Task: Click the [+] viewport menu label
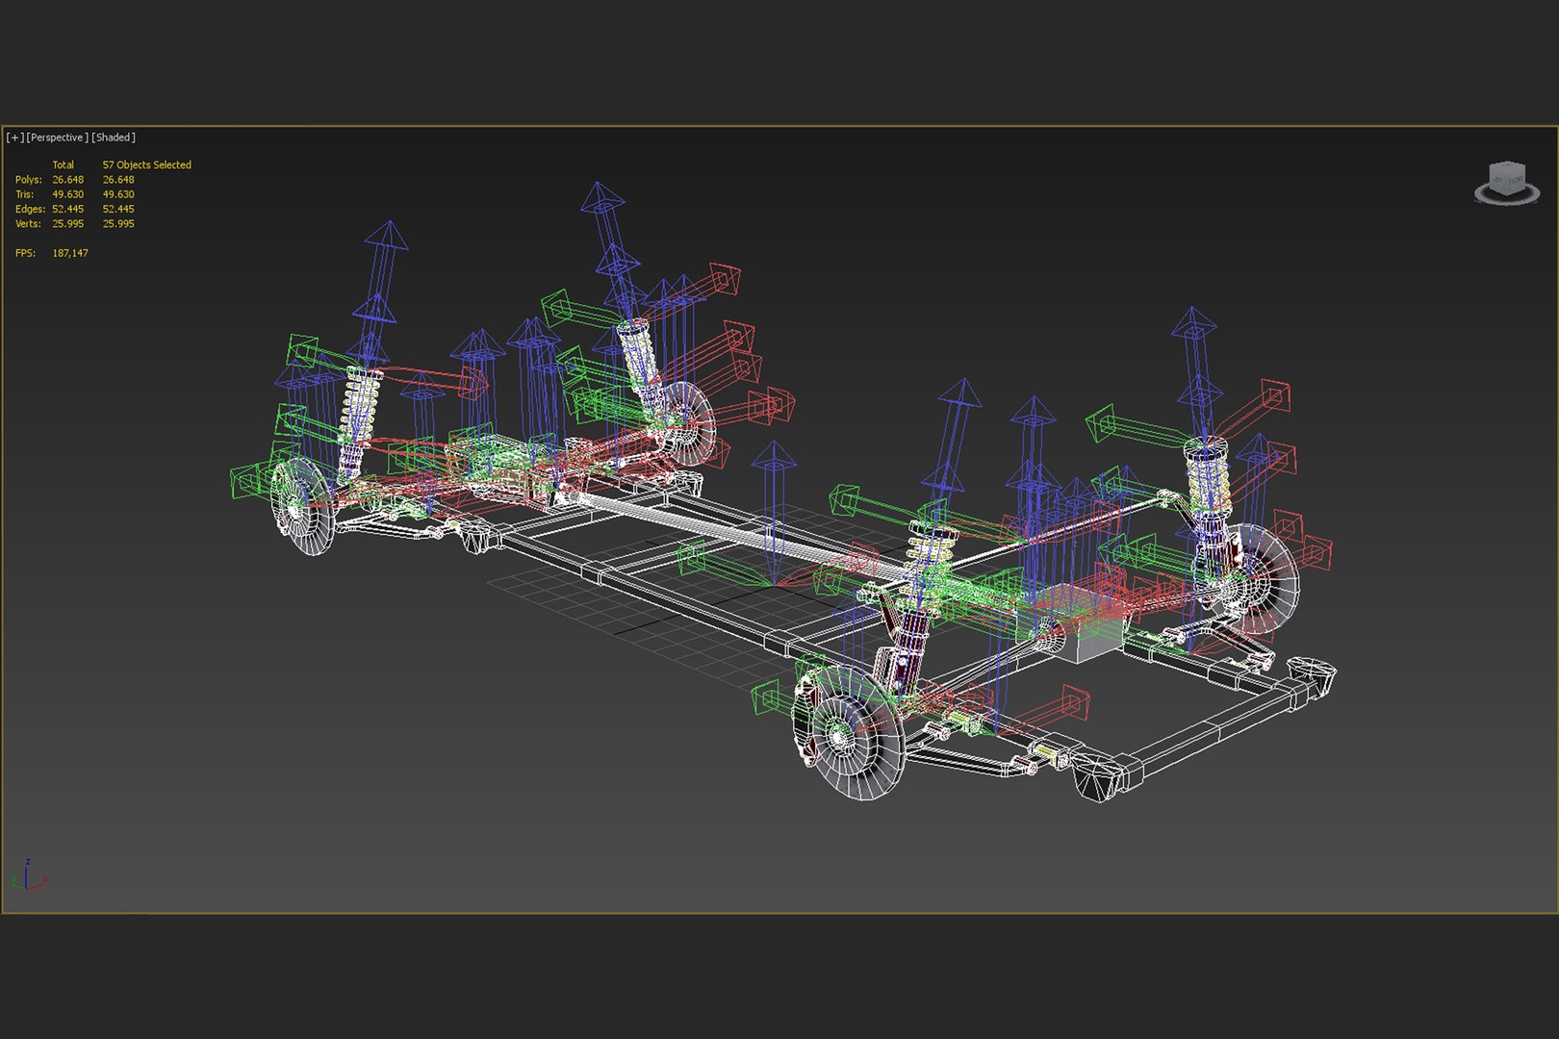point(14,138)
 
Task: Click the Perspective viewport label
point(58,138)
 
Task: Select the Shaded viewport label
point(114,138)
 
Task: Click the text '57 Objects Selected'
point(146,165)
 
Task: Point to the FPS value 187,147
point(70,253)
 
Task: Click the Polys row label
point(28,180)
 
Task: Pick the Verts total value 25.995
point(68,223)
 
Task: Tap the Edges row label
point(30,209)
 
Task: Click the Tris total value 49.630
point(68,194)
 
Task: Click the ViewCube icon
point(1506,183)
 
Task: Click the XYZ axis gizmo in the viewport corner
point(29,875)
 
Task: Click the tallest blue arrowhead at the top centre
point(601,197)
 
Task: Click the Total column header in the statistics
point(63,165)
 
